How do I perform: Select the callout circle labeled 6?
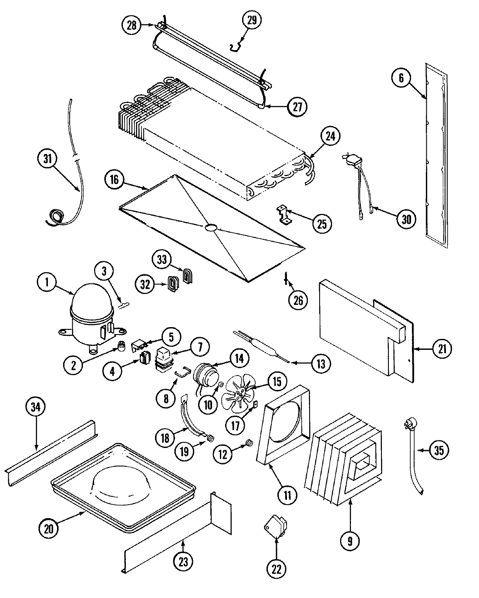pyautogui.click(x=401, y=78)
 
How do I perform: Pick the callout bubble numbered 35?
pyautogui.click(x=439, y=450)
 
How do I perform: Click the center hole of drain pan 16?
pyautogui.click(x=210, y=227)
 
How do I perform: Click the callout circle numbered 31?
pyautogui.click(x=47, y=160)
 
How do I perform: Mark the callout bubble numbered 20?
pyautogui.click(x=49, y=529)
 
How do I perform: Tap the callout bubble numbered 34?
pyautogui.click(x=35, y=407)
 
